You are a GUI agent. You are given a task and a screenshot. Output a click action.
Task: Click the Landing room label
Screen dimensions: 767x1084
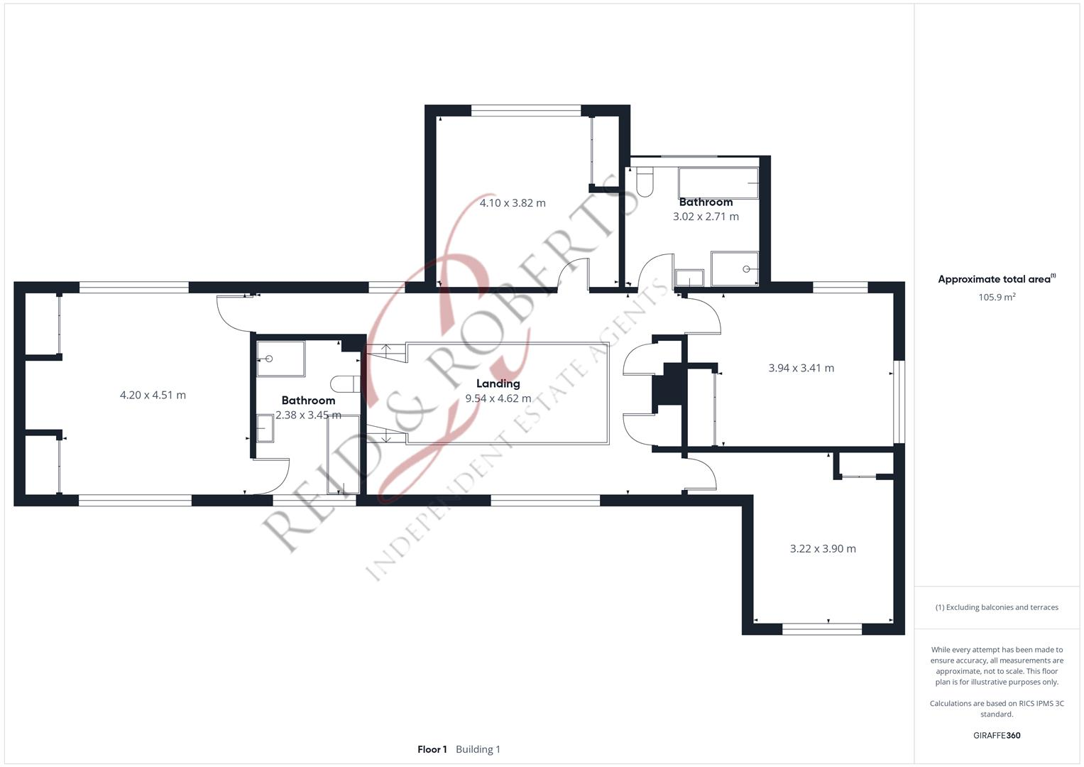tap(498, 383)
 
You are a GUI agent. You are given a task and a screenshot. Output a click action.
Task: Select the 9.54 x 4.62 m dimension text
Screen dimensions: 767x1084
tap(498, 398)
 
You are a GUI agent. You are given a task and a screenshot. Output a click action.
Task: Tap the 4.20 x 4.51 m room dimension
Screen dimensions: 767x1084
tap(153, 395)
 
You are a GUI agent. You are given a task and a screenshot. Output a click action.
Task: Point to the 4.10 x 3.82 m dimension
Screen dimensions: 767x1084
tap(513, 203)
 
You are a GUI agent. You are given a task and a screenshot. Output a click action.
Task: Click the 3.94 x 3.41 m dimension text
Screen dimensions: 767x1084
tap(801, 368)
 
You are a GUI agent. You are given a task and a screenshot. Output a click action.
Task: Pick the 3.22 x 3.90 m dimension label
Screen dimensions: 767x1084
tap(823, 548)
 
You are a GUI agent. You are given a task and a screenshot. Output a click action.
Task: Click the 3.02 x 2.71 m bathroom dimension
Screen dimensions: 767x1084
tap(706, 217)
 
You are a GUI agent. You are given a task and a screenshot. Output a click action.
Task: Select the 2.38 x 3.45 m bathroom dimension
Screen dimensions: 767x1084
tap(308, 415)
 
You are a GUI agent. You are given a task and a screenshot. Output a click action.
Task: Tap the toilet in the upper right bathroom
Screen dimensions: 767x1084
tap(645, 182)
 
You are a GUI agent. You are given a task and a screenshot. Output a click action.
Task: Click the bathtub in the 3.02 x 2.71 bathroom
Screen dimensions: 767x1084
tap(718, 183)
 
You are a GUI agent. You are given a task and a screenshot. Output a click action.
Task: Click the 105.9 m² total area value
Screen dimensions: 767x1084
tap(997, 297)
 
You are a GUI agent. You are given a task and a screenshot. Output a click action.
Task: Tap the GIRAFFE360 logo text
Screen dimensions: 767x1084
tap(997, 735)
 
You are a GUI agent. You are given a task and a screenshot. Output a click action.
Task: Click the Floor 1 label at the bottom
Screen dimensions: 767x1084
tap(432, 749)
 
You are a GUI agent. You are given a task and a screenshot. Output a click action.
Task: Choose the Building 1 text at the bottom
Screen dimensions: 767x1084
tap(478, 749)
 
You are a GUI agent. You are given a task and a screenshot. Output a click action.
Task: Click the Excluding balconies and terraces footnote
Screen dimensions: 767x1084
tap(997, 607)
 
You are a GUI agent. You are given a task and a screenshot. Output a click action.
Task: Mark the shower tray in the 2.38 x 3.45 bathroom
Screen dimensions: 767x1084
tap(280, 358)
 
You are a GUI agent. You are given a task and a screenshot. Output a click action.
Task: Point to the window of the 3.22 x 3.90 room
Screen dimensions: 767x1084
tap(822, 629)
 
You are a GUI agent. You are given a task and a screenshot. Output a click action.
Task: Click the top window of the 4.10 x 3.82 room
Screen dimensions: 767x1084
tap(526, 110)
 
